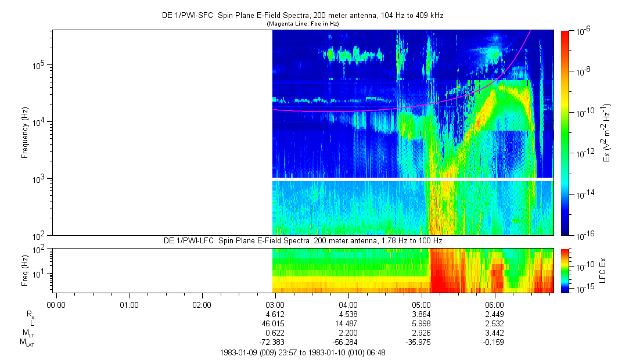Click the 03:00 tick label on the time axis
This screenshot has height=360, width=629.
(x=275, y=304)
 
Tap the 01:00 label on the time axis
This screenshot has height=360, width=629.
(x=128, y=304)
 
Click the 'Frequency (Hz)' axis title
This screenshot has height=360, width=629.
(x=25, y=132)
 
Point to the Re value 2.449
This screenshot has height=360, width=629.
(x=494, y=314)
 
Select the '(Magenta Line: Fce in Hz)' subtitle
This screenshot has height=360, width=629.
(x=302, y=24)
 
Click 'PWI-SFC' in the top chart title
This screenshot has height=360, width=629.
(x=202, y=15)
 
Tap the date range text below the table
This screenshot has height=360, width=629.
(x=303, y=352)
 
